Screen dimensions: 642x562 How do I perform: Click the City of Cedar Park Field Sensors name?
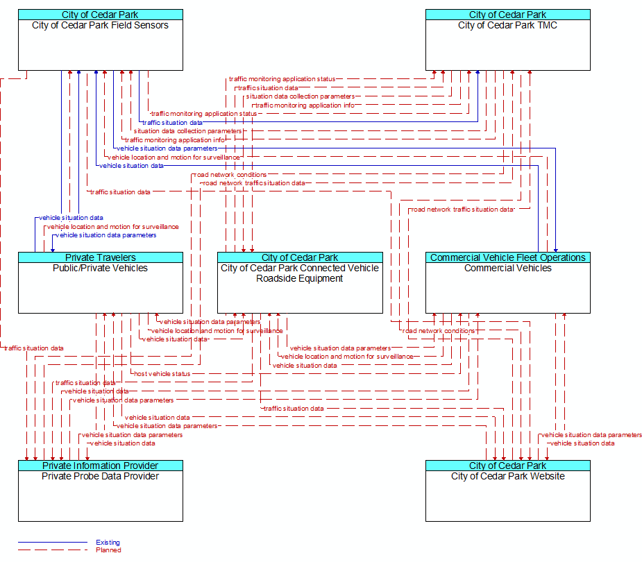pyautogui.click(x=101, y=26)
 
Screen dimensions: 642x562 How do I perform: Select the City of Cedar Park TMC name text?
pyautogui.click(x=508, y=26)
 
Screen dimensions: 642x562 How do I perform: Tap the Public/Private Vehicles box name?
pyautogui.click(x=101, y=268)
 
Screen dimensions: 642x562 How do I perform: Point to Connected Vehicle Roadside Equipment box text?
pyautogui.click(x=300, y=273)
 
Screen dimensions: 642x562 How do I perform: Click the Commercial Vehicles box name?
pyautogui.click(x=508, y=268)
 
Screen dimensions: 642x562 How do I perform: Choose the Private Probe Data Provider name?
pyautogui.click(x=101, y=476)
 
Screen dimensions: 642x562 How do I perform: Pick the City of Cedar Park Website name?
pyautogui.click(x=508, y=476)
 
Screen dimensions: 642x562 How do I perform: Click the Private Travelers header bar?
pyautogui.click(x=101, y=257)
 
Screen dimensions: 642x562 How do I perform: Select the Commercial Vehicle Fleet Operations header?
pyautogui.click(x=508, y=257)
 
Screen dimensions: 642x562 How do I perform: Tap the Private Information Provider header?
pyautogui.click(x=101, y=466)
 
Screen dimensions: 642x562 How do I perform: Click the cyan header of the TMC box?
pyautogui.click(x=508, y=15)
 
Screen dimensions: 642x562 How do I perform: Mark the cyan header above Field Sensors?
pyautogui.click(x=101, y=15)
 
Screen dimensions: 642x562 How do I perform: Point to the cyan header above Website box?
pyautogui.click(x=508, y=466)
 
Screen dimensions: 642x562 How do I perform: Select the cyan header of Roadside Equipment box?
pyautogui.click(x=300, y=257)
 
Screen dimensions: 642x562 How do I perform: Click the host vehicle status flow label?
pyautogui.click(x=162, y=374)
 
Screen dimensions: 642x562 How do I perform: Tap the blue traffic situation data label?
pyautogui.click(x=172, y=122)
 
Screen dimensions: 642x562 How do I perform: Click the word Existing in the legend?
pyautogui.click(x=108, y=543)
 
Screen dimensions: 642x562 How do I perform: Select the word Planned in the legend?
pyautogui.click(x=108, y=550)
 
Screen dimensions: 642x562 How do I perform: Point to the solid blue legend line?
pyautogui.click(x=53, y=543)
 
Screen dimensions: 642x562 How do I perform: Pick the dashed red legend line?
pyautogui.click(x=53, y=550)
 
